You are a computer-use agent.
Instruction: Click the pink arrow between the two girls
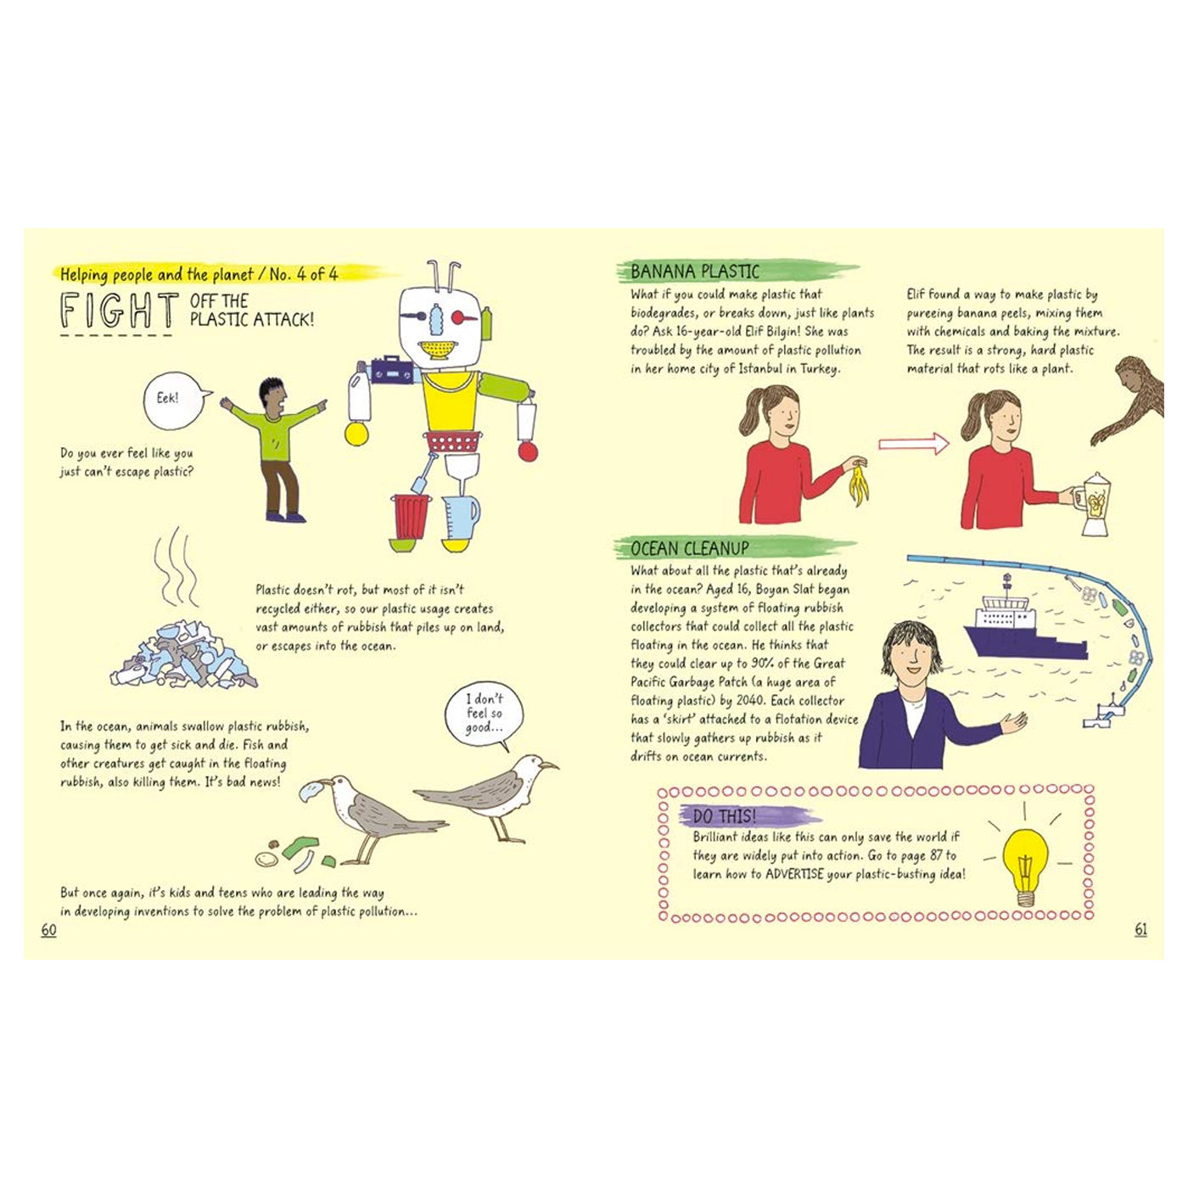point(914,444)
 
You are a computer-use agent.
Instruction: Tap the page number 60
point(48,930)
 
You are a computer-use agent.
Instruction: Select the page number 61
point(1140,930)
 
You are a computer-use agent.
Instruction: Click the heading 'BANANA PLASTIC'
point(695,272)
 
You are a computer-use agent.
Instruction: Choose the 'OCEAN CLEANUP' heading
point(689,548)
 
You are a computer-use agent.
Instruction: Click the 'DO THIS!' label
point(724,816)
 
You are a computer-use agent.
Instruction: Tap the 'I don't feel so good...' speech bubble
point(484,715)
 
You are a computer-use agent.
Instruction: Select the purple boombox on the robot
point(391,369)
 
